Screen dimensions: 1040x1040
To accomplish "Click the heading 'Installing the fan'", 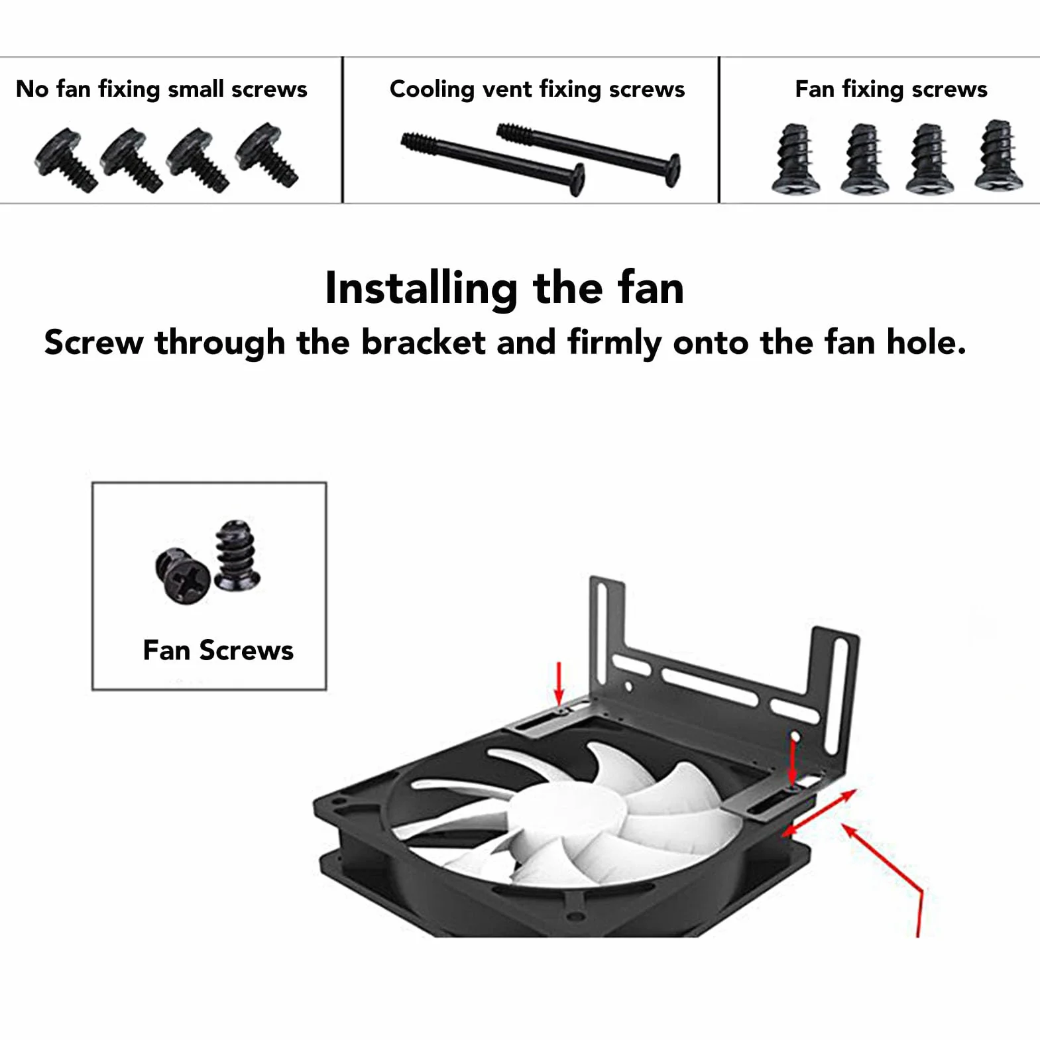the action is [504, 289].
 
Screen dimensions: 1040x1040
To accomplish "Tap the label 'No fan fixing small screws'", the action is [162, 89].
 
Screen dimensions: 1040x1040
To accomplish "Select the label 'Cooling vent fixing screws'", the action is [537, 89].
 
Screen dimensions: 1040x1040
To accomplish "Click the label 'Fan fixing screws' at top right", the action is [891, 89].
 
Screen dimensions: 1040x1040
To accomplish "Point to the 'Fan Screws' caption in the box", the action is [218, 650].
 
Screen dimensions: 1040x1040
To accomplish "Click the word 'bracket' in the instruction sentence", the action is [424, 343].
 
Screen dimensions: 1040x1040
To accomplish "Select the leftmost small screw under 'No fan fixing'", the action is [65, 160].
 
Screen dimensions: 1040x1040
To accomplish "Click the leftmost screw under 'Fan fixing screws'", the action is [796, 158].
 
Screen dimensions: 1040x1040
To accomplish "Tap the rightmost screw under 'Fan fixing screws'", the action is [999, 155].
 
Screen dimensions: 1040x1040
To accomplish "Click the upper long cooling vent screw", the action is [589, 154].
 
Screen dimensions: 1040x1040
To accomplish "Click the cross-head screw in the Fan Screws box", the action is [183, 575].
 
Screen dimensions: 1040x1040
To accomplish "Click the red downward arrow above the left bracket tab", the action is [559, 683].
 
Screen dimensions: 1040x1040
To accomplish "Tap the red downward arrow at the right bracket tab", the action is [793, 761].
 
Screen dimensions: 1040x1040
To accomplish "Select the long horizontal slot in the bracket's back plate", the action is [709, 687].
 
